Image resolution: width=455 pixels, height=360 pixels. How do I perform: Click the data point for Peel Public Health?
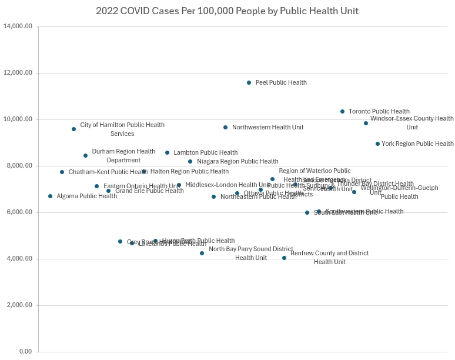point(249,83)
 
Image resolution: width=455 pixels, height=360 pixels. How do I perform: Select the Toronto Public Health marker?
point(343,112)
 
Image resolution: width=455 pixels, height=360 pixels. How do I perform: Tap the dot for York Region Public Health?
point(377,144)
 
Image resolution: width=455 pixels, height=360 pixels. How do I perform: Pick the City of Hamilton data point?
point(74,129)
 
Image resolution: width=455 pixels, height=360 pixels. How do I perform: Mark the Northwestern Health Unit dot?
point(226,127)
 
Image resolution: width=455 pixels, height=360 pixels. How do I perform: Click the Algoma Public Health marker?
point(51,196)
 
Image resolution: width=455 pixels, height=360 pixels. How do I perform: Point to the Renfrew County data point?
point(285,258)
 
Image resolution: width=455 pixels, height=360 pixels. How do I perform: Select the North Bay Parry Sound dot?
point(202,253)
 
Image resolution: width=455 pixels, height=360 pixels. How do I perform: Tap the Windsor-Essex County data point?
point(366,123)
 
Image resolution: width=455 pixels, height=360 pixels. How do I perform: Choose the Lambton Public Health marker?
point(168,152)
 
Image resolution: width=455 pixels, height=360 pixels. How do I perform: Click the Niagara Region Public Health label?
point(237,161)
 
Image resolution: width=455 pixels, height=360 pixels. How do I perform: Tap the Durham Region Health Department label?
point(123,155)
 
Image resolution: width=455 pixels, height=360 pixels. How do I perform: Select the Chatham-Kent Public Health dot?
point(62,172)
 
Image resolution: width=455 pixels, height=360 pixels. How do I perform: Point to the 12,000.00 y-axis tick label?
point(18,73)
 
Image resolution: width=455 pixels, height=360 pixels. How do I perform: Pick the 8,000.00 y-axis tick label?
point(19,166)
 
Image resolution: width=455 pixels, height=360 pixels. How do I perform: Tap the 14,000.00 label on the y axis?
point(18,26)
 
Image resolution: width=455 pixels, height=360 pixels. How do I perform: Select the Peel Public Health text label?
point(281,83)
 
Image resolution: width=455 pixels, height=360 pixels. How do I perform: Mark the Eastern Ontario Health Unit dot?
point(97,186)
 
